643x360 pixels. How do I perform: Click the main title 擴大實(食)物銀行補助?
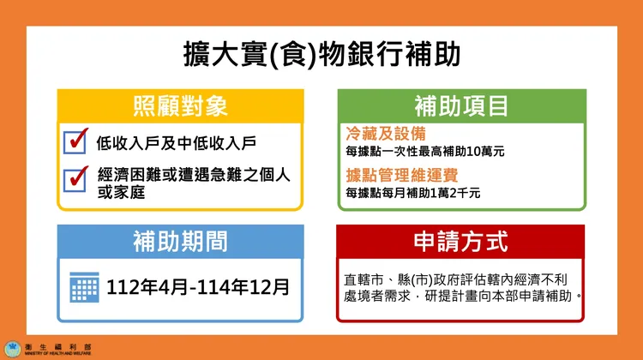[321, 54]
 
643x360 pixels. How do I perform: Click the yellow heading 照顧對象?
[180, 106]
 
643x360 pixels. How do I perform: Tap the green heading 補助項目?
[461, 106]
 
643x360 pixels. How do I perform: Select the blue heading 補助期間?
[180, 242]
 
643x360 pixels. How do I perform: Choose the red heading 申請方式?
[461, 242]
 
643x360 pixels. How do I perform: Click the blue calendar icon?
[84, 286]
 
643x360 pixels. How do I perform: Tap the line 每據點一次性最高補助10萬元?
[425, 152]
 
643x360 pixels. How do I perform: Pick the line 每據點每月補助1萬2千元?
[413, 194]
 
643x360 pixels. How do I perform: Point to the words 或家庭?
[118, 192]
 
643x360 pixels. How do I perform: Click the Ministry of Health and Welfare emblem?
[13, 349]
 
